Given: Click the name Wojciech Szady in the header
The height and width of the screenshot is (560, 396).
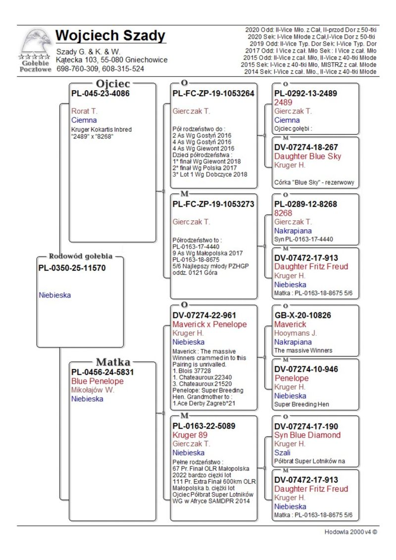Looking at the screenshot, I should [x=110, y=36].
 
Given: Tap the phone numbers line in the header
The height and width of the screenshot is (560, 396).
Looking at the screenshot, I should [x=100, y=69].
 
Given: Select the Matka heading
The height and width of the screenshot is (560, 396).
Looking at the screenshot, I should [x=113, y=361].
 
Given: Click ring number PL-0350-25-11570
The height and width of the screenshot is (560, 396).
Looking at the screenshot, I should [x=72, y=268].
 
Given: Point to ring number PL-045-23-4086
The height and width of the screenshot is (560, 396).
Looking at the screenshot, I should [x=100, y=93].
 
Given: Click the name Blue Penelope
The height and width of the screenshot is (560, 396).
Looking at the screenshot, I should [x=98, y=381].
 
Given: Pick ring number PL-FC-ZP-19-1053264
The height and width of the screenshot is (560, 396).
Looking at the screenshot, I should [x=213, y=93].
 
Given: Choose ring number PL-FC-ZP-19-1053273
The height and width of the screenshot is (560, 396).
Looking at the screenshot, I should [x=213, y=204].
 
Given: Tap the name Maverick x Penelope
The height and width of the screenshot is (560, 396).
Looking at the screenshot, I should [x=209, y=324].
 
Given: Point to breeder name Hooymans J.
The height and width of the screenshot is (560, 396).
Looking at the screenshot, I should [x=296, y=333].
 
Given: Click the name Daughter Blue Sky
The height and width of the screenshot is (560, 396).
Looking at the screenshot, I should [x=308, y=156].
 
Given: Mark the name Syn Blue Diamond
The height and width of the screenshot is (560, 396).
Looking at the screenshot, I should [x=307, y=435].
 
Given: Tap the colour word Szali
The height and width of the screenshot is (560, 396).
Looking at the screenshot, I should [x=282, y=453].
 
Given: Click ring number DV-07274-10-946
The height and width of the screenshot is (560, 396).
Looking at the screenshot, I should [x=306, y=369].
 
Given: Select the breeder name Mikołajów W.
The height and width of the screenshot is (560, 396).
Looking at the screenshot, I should [x=93, y=390].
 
